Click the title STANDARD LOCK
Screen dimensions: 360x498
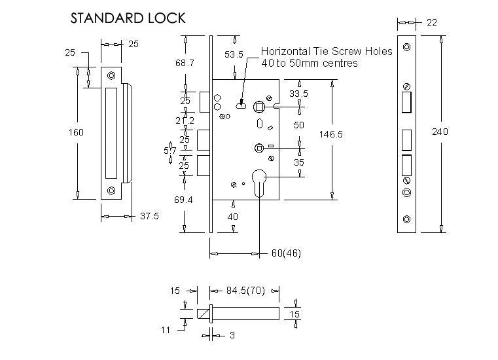(x=128, y=18)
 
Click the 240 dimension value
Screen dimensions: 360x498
(x=440, y=132)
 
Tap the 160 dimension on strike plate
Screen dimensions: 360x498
(x=76, y=132)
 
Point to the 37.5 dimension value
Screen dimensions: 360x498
(x=149, y=217)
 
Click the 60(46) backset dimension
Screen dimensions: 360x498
(x=286, y=253)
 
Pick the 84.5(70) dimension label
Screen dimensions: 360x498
(x=245, y=290)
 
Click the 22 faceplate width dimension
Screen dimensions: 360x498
(x=432, y=22)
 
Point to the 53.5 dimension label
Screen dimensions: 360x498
(x=234, y=55)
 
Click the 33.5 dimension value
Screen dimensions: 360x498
(x=299, y=94)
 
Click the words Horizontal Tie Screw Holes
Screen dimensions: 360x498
(x=327, y=51)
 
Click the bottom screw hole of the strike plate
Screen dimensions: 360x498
(x=111, y=190)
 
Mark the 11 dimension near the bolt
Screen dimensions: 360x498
(x=166, y=330)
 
